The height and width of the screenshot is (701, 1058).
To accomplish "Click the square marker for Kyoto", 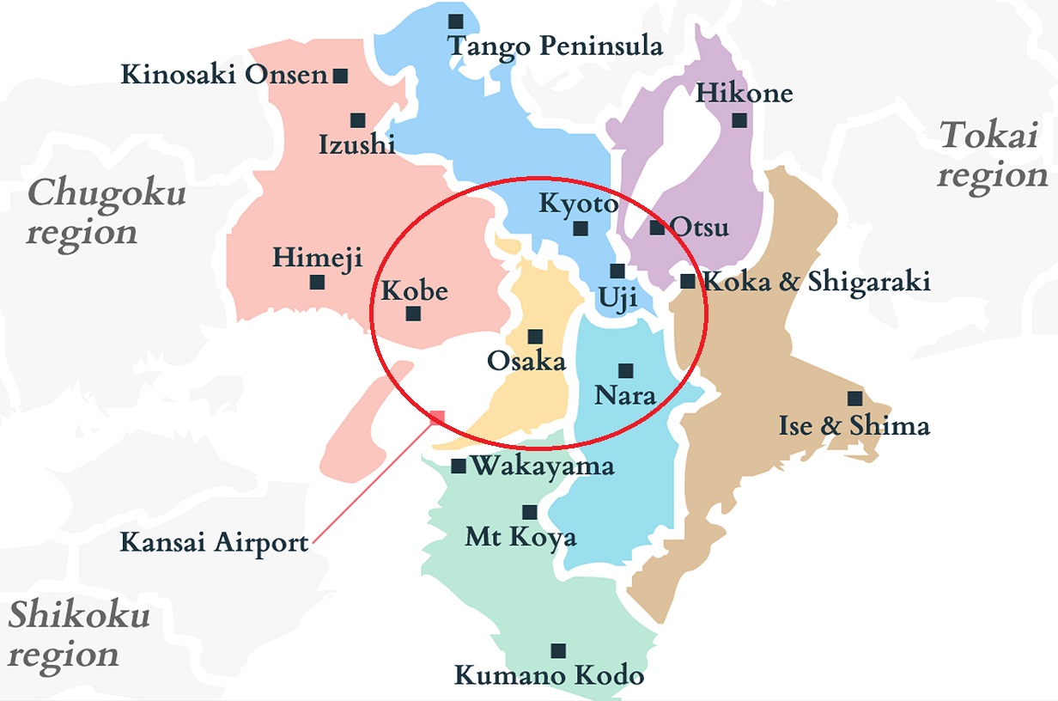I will coord(581,229).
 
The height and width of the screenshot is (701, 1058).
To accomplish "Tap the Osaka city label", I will coord(526,361).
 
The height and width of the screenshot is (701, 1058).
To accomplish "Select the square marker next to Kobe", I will coord(413,314).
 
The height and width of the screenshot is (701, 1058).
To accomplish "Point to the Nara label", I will coord(625,396).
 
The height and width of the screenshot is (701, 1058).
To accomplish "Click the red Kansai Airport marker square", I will coord(437,418).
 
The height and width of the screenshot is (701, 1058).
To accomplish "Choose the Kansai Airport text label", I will coord(214,543).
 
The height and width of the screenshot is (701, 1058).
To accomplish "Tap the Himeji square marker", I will coord(317,282).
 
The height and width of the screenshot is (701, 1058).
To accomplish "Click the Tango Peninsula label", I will coord(556,46).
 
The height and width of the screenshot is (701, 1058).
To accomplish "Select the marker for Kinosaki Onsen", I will coord(340,76).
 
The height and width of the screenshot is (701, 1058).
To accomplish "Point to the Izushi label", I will coord(356,144).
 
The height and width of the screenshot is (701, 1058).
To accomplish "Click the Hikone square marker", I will coord(739,120).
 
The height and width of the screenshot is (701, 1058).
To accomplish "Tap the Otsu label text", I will coord(699,228).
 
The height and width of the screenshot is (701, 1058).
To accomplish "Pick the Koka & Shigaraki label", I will coord(817,281).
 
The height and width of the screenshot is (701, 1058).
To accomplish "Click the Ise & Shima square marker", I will coord(854,399).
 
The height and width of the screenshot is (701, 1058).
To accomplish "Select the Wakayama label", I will coord(543,466).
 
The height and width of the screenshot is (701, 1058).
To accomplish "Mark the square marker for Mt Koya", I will coord(530,513).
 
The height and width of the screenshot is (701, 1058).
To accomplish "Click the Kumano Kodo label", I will coord(549,675).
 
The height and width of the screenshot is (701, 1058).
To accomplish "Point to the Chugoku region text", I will coord(105,212).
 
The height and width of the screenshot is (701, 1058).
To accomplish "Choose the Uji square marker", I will coord(617,271).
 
